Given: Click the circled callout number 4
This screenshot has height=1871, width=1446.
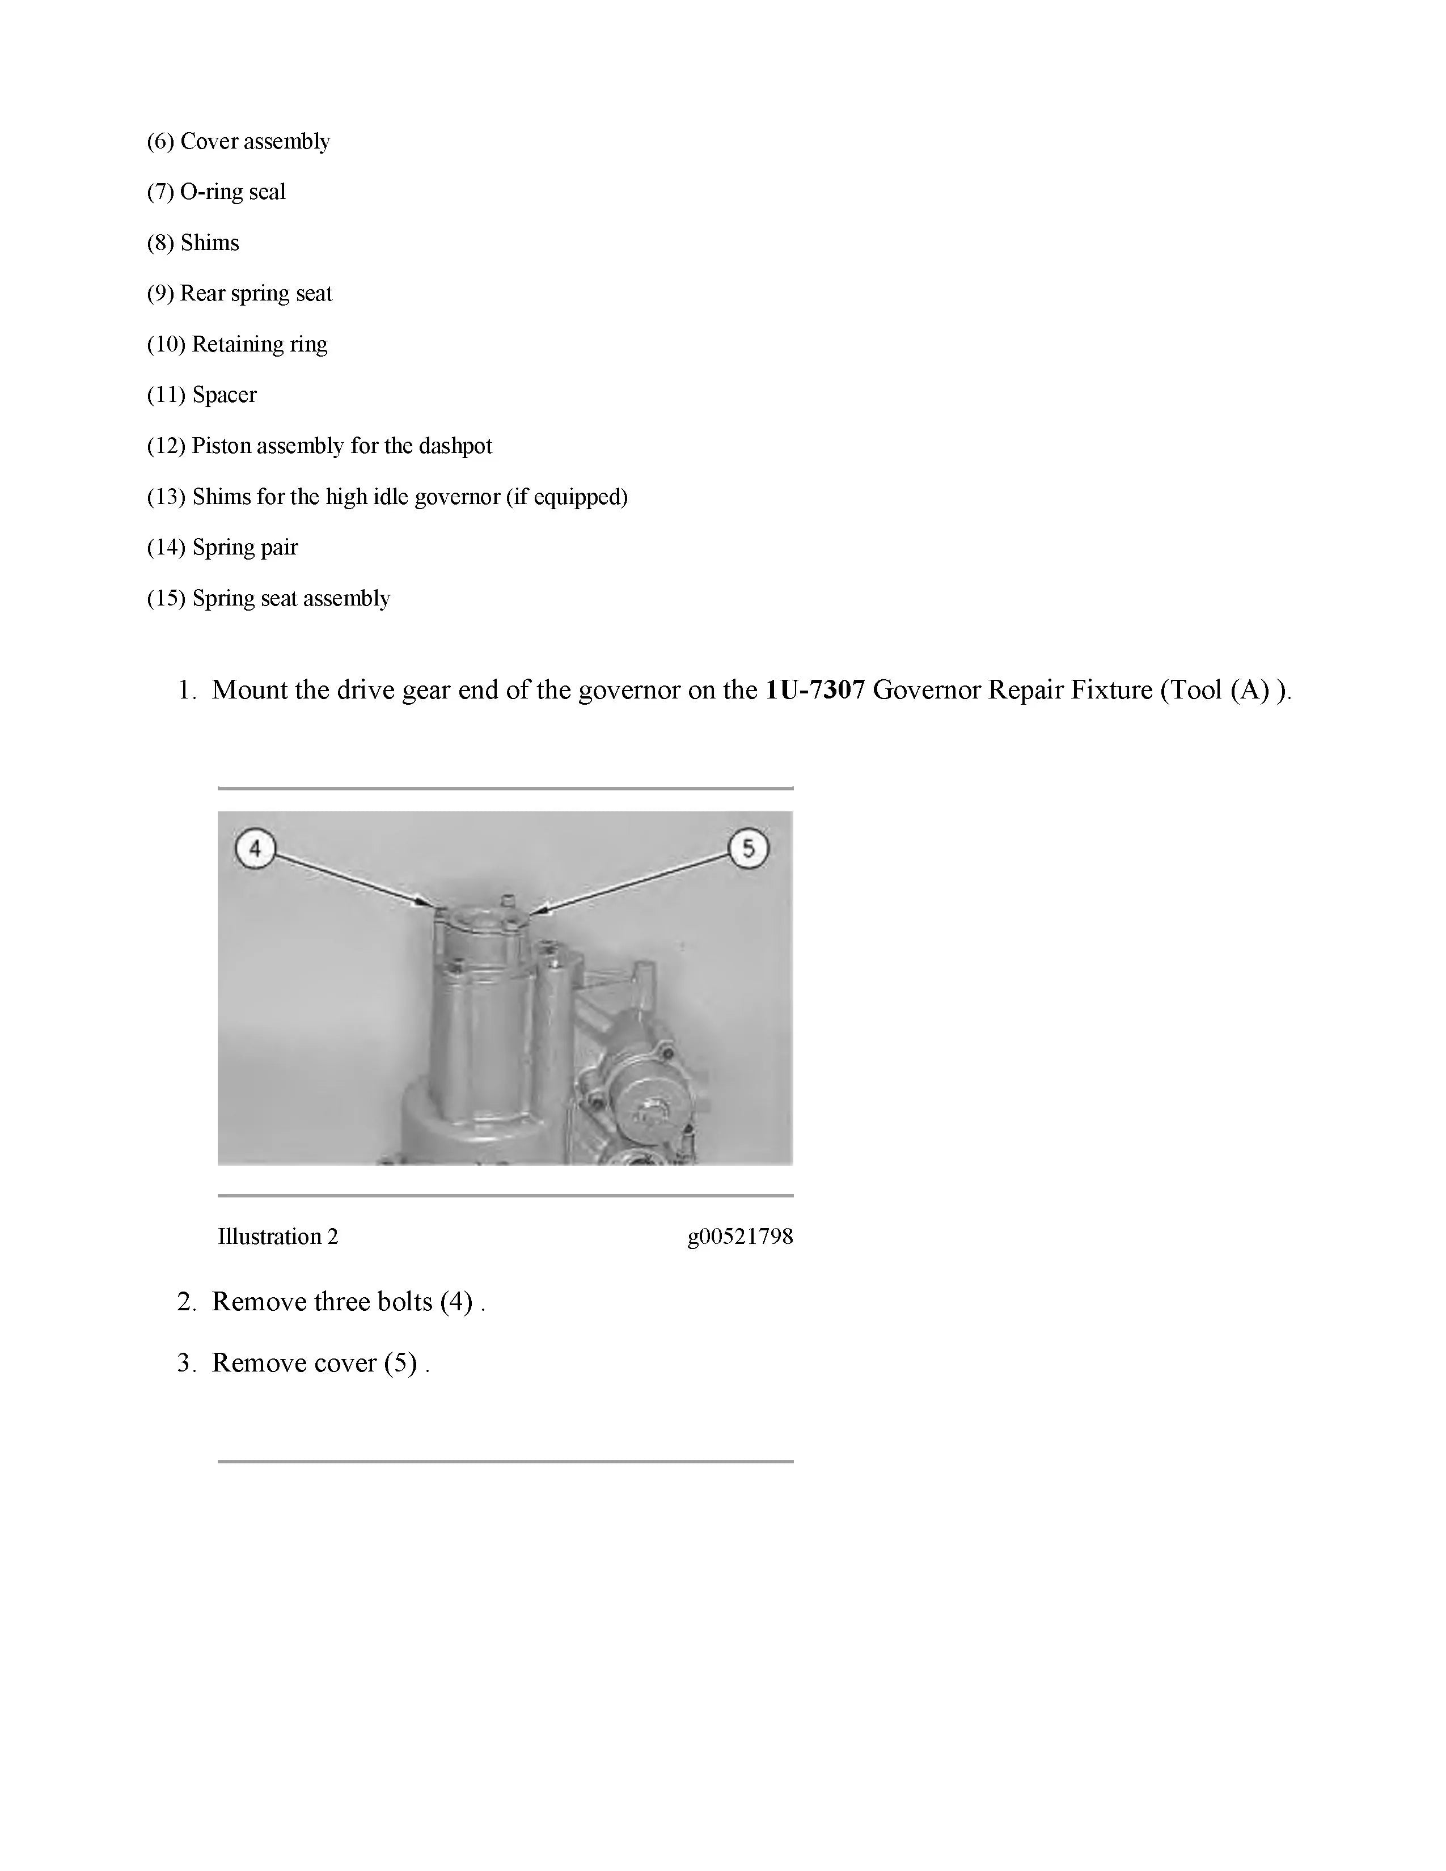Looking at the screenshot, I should (255, 849).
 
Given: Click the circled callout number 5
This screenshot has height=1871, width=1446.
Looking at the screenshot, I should (748, 848).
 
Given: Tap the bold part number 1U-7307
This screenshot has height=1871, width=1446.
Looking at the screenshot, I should (815, 689).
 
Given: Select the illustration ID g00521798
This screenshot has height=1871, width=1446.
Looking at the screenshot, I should (740, 1236).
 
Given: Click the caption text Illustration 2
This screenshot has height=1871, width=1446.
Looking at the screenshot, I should (277, 1236).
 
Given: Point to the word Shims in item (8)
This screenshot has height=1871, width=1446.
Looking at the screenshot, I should (210, 243).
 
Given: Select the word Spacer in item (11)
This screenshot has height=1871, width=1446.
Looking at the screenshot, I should (225, 395).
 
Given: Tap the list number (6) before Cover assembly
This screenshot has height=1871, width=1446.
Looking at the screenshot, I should (160, 141).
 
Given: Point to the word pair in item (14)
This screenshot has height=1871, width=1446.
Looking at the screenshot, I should (281, 548).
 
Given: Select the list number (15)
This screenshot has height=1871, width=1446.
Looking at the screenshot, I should (166, 598).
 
